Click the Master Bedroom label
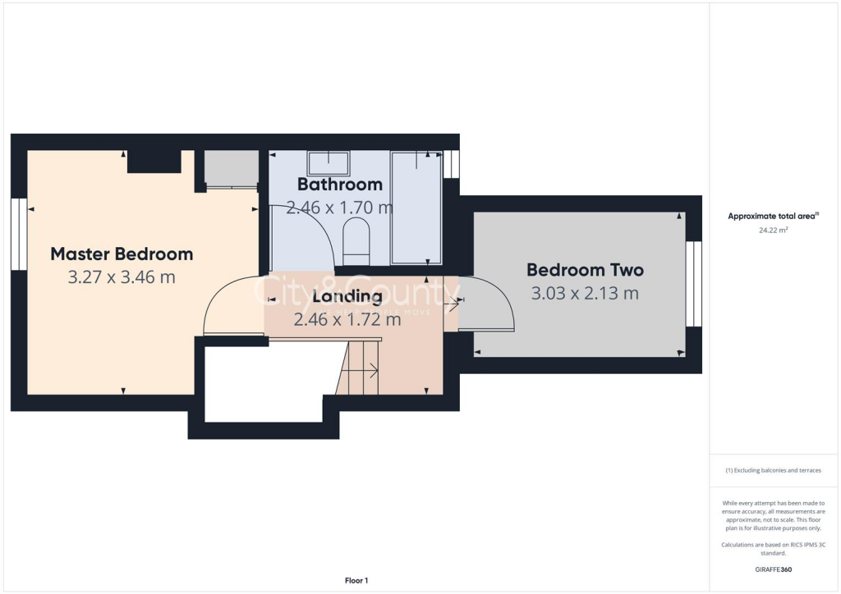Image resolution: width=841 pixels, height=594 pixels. coord(122,254)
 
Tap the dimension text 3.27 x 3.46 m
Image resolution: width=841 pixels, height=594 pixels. coord(122,277)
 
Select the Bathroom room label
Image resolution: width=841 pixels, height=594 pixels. coord(339,184)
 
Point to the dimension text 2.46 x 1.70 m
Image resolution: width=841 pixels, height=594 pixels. coord(339,208)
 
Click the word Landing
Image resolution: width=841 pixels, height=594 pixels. coord(347,296)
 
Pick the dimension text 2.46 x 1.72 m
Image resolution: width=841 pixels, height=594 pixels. coord(347,319)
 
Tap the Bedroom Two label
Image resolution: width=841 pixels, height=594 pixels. coord(585,269)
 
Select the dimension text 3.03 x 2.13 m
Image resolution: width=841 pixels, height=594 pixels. coord(585,293)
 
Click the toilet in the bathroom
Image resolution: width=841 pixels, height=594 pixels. coord(356,238)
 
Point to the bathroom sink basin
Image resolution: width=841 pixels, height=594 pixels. coord(328,162)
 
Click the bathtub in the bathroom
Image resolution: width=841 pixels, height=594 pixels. coord(416,208)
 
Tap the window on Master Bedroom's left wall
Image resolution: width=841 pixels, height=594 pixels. coord(19,234)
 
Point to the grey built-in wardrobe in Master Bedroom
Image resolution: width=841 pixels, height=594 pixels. coord(231,169)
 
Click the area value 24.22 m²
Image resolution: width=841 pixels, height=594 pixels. coord(773,231)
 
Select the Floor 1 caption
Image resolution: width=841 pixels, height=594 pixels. coord(356,581)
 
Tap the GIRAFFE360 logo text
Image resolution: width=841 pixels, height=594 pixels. coord(774,569)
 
